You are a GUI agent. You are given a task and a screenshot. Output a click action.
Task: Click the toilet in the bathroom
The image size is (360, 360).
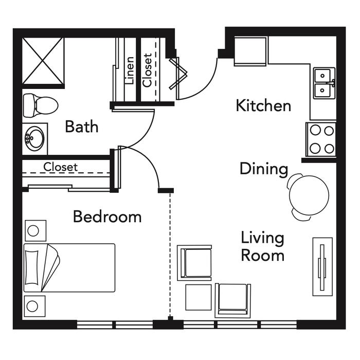[41, 105]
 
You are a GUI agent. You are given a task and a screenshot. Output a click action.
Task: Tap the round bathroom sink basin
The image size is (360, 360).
[35, 138]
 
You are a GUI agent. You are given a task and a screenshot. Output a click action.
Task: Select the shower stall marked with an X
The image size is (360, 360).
[43, 61]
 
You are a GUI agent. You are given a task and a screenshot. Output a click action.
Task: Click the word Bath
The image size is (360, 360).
[82, 127]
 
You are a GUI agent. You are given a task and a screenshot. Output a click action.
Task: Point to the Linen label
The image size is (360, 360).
[130, 70]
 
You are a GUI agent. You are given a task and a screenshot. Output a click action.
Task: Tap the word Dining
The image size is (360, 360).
[264, 169]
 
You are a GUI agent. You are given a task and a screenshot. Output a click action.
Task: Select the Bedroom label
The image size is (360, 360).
[107, 217]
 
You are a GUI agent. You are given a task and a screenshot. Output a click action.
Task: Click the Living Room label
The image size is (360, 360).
[263, 246]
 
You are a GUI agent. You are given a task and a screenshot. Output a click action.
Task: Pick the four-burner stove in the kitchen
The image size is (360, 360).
[321, 139]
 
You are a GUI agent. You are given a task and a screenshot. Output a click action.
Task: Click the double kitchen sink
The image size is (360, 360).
[324, 83]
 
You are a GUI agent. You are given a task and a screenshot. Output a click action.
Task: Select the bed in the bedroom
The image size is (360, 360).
[69, 268]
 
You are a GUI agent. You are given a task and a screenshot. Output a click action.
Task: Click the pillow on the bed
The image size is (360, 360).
[32, 268]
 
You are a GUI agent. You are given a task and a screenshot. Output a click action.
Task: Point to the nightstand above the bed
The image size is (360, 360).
[35, 230]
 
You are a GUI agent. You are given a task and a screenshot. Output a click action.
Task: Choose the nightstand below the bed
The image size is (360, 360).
[35, 306]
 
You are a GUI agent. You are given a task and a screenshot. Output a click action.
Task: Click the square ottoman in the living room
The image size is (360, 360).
[199, 297]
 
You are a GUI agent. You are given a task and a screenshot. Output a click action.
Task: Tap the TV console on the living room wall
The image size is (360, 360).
[322, 267]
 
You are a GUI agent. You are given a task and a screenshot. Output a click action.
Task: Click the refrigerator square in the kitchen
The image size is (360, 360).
[250, 51]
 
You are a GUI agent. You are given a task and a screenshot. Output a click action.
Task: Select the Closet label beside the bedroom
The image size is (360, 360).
[60, 167]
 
